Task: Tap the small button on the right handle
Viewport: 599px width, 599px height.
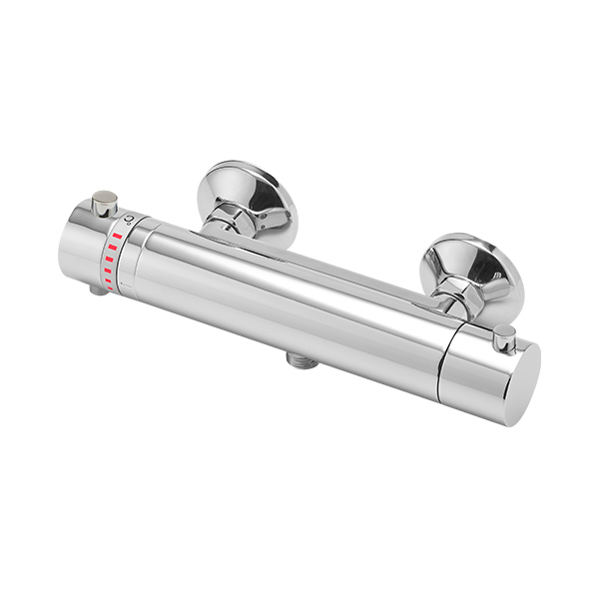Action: click(x=506, y=337)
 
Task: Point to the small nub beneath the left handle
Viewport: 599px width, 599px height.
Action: click(x=97, y=291)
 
